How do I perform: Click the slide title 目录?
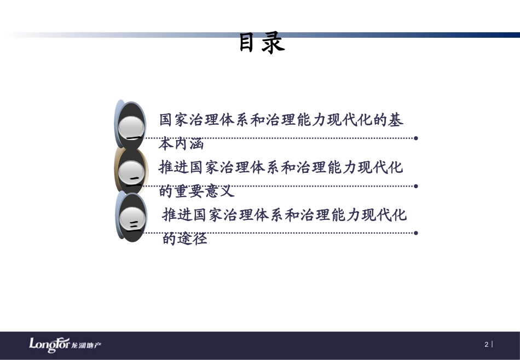coord(262,43)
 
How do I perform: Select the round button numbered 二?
coord(132,173)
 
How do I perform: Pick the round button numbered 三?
coord(132,222)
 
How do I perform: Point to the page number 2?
coord(486,345)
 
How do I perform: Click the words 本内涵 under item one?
coord(181,144)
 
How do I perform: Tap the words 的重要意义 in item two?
coord(197,191)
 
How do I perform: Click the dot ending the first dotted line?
coord(416,138)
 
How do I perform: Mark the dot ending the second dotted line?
coord(416,186)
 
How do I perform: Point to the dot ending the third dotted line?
coord(416,233)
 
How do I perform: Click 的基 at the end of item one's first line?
coord(389,120)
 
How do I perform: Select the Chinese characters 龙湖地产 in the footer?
coord(86,345)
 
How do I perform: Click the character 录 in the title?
coord(273,43)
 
